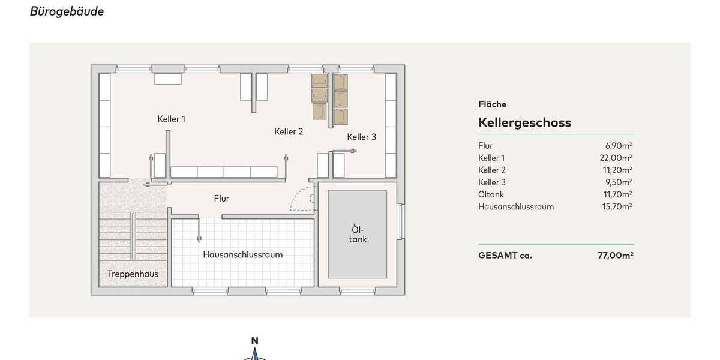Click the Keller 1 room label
[171, 119]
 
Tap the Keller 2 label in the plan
[289, 131]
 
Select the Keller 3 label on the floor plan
[361, 137]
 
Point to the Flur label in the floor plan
[221, 199]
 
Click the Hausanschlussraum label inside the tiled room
[242, 254]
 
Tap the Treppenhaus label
[133, 274]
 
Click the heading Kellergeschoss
[524, 122]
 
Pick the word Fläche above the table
[492, 104]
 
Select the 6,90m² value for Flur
[619, 146]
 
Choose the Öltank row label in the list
[491, 194]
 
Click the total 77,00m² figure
[616, 255]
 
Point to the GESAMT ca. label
[505, 255]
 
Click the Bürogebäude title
[67, 11]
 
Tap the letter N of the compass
[254, 341]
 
